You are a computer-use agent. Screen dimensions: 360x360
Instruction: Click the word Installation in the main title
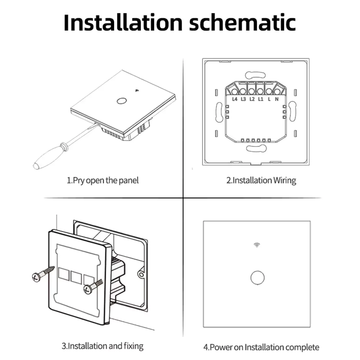pos(123,22)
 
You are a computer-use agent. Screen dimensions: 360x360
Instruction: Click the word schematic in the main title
pos(242,22)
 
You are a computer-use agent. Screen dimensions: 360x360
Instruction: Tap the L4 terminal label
pos(234,99)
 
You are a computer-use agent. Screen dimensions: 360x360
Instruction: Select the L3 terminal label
pos(243,99)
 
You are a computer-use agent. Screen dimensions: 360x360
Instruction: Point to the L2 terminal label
pos(252,99)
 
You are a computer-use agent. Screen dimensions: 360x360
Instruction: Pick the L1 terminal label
pos(260,99)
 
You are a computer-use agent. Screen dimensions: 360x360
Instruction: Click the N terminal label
pos(276,99)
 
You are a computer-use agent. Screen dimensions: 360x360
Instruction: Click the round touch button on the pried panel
pos(121,101)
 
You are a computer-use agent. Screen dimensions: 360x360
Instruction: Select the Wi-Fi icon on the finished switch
pos(257,245)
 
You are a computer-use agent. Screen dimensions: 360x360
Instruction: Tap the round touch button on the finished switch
pos(257,278)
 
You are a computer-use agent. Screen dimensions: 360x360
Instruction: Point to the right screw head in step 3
pos(87,289)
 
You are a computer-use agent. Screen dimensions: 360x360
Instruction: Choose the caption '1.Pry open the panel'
pos(102,180)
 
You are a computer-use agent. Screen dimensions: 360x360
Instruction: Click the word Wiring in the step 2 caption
pos(285,180)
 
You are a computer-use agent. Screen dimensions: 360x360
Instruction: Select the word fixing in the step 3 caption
pos(134,346)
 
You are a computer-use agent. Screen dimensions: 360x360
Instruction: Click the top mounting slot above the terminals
pos(255,75)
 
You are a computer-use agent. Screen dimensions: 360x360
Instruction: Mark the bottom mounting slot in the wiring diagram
pos(256,148)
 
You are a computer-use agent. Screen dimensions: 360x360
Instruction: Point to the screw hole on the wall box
pos(141,275)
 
